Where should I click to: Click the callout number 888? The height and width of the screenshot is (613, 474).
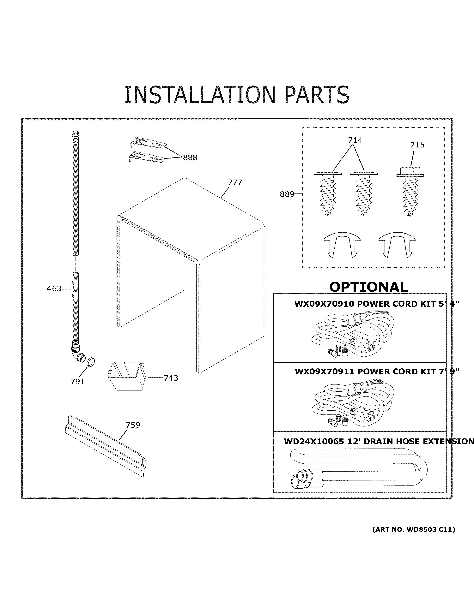point(190,158)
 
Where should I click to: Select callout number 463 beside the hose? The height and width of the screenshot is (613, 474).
point(54,289)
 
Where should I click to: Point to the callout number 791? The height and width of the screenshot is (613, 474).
point(77,382)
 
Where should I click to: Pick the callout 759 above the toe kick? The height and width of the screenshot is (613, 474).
point(133,425)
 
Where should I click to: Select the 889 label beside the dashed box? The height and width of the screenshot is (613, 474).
point(287,194)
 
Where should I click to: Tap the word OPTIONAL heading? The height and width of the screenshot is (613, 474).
point(368,287)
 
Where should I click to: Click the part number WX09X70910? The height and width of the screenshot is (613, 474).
point(324,304)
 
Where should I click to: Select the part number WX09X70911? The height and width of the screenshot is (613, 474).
point(325,372)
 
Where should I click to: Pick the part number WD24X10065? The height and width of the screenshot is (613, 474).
point(314,442)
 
